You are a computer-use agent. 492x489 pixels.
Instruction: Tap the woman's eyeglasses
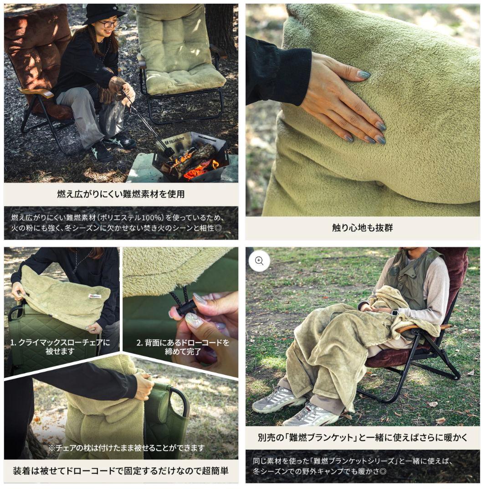[x=110, y=23]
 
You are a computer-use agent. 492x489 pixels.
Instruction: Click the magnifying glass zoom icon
[x=259, y=261]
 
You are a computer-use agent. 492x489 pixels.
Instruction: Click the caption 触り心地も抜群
[x=362, y=228]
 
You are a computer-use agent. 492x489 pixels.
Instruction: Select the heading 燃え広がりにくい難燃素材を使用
[x=121, y=194]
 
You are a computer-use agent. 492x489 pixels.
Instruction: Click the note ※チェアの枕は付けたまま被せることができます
[x=126, y=448]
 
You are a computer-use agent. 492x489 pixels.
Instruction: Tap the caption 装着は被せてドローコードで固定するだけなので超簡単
[x=121, y=470]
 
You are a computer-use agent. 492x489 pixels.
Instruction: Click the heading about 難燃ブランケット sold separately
[x=362, y=437]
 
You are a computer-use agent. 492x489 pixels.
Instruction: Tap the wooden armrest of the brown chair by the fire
[x=37, y=93]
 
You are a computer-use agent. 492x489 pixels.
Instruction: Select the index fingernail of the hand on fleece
[x=364, y=74]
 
